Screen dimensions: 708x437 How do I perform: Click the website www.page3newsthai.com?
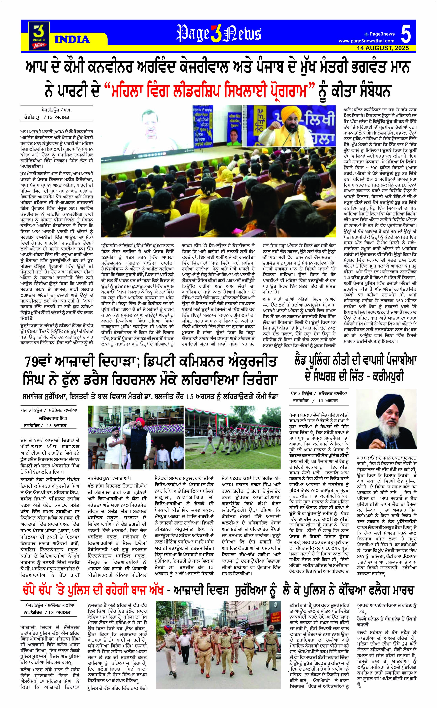click(366, 41)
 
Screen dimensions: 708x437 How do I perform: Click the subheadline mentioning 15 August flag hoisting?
click(151, 396)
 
